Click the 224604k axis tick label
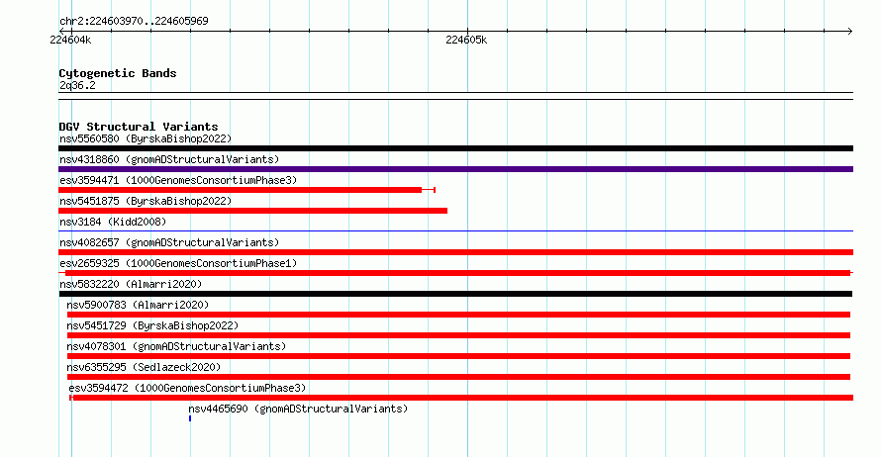tap(70, 40)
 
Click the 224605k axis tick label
tap(466, 40)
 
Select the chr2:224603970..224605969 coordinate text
tap(134, 22)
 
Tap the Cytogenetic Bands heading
tap(118, 73)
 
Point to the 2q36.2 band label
tap(77, 85)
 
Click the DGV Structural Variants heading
tap(139, 127)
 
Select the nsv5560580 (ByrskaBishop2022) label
tap(146, 138)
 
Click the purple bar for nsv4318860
tap(455, 169)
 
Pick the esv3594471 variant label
tap(178, 180)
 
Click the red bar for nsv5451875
tap(252, 211)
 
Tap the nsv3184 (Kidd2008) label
tap(113, 222)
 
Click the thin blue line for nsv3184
tap(455, 230)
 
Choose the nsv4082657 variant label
tap(169, 242)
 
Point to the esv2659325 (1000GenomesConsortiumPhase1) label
tap(178, 263)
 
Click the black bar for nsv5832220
tap(455, 294)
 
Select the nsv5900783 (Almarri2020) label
tap(138, 305)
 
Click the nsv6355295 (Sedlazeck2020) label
tap(144, 367)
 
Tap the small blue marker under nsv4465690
tap(190, 418)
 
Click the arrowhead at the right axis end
tap(850, 32)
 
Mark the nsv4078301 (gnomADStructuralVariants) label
tap(176, 346)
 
